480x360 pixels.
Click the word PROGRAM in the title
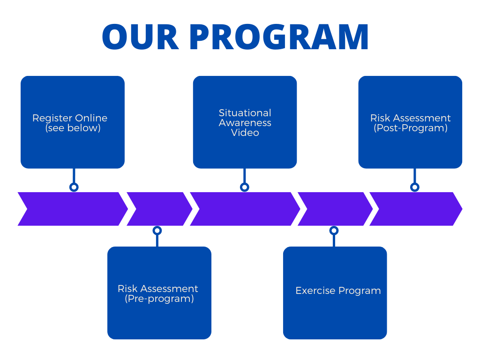click(x=279, y=37)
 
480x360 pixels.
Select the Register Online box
click(x=73, y=122)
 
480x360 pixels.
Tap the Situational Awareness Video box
click(x=245, y=122)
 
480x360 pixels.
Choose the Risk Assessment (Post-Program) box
click(x=410, y=122)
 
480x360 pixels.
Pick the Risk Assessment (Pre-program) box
click(x=159, y=293)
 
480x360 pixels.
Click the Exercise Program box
click(x=335, y=293)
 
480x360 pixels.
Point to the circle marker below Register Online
click(x=74, y=187)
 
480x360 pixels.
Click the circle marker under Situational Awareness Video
click(x=244, y=187)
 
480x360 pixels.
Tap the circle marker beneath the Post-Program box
click(x=415, y=187)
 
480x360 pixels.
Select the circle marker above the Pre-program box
click(x=157, y=231)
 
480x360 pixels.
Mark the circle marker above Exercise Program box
click(x=334, y=231)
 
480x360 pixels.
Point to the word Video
click(x=245, y=133)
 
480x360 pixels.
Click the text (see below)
click(x=73, y=128)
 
